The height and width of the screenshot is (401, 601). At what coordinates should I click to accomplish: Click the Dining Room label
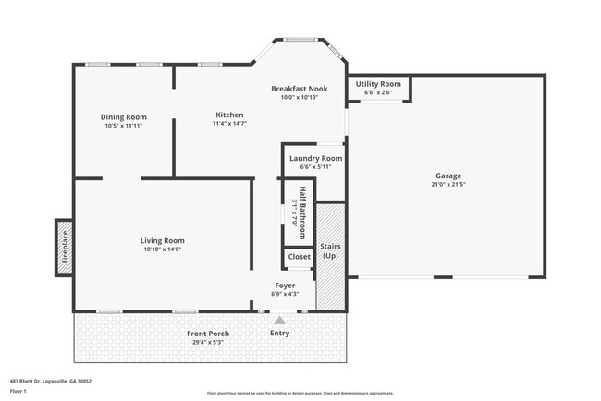[x=124, y=117]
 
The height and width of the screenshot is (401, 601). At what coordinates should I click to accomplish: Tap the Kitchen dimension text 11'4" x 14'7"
[x=229, y=124]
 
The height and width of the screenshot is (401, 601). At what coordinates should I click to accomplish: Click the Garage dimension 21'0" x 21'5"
[x=448, y=184]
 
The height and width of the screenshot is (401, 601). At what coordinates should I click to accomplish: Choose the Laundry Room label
[x=315, y=158]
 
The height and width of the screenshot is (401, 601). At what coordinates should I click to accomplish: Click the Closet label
[x=300, y=257]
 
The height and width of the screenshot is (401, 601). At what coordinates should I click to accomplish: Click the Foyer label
[x=285, y=285]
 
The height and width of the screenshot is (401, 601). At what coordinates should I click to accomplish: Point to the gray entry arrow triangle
[x=279, y=320]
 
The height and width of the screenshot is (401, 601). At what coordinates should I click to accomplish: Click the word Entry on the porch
[x=279, y=333]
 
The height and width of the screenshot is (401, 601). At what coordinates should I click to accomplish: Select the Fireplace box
[x=65, y=247]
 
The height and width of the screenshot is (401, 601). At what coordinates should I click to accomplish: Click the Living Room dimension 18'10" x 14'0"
[x=162, y=249]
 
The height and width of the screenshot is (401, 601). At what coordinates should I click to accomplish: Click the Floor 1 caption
[x=18, y=391]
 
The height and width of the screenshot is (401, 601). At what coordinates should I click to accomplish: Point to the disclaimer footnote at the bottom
[x=300, y=393]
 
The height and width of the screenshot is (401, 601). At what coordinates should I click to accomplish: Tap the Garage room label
[x=448, y=176]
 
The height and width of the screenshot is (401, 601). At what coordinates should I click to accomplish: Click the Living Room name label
[x=162, y=240]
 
